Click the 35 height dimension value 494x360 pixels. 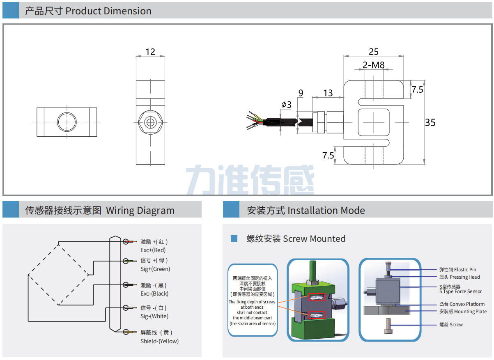pos(430,122)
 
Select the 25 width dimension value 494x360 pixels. pos(373,52)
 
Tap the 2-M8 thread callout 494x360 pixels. pos(373,65)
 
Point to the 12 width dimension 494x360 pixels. pos(150,52)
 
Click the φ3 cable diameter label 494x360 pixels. pos(286,105)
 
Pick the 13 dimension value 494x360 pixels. pos(328,93)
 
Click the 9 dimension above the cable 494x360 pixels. pos(301,93)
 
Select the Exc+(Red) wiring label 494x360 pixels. pos(153,250)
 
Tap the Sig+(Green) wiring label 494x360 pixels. pos(155,269)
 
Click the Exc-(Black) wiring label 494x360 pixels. pos(154,294)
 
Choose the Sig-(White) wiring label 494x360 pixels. pos(154,316)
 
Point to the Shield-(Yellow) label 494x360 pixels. pos(159,341)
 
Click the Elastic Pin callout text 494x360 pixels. pos(457,270)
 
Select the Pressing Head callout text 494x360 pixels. pos(460,277)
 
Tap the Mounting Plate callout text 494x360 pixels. pos(463,312)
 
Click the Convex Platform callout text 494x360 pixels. pos(462,304)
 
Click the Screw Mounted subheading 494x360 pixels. pos(296,238)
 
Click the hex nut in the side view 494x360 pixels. pos(151,122)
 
